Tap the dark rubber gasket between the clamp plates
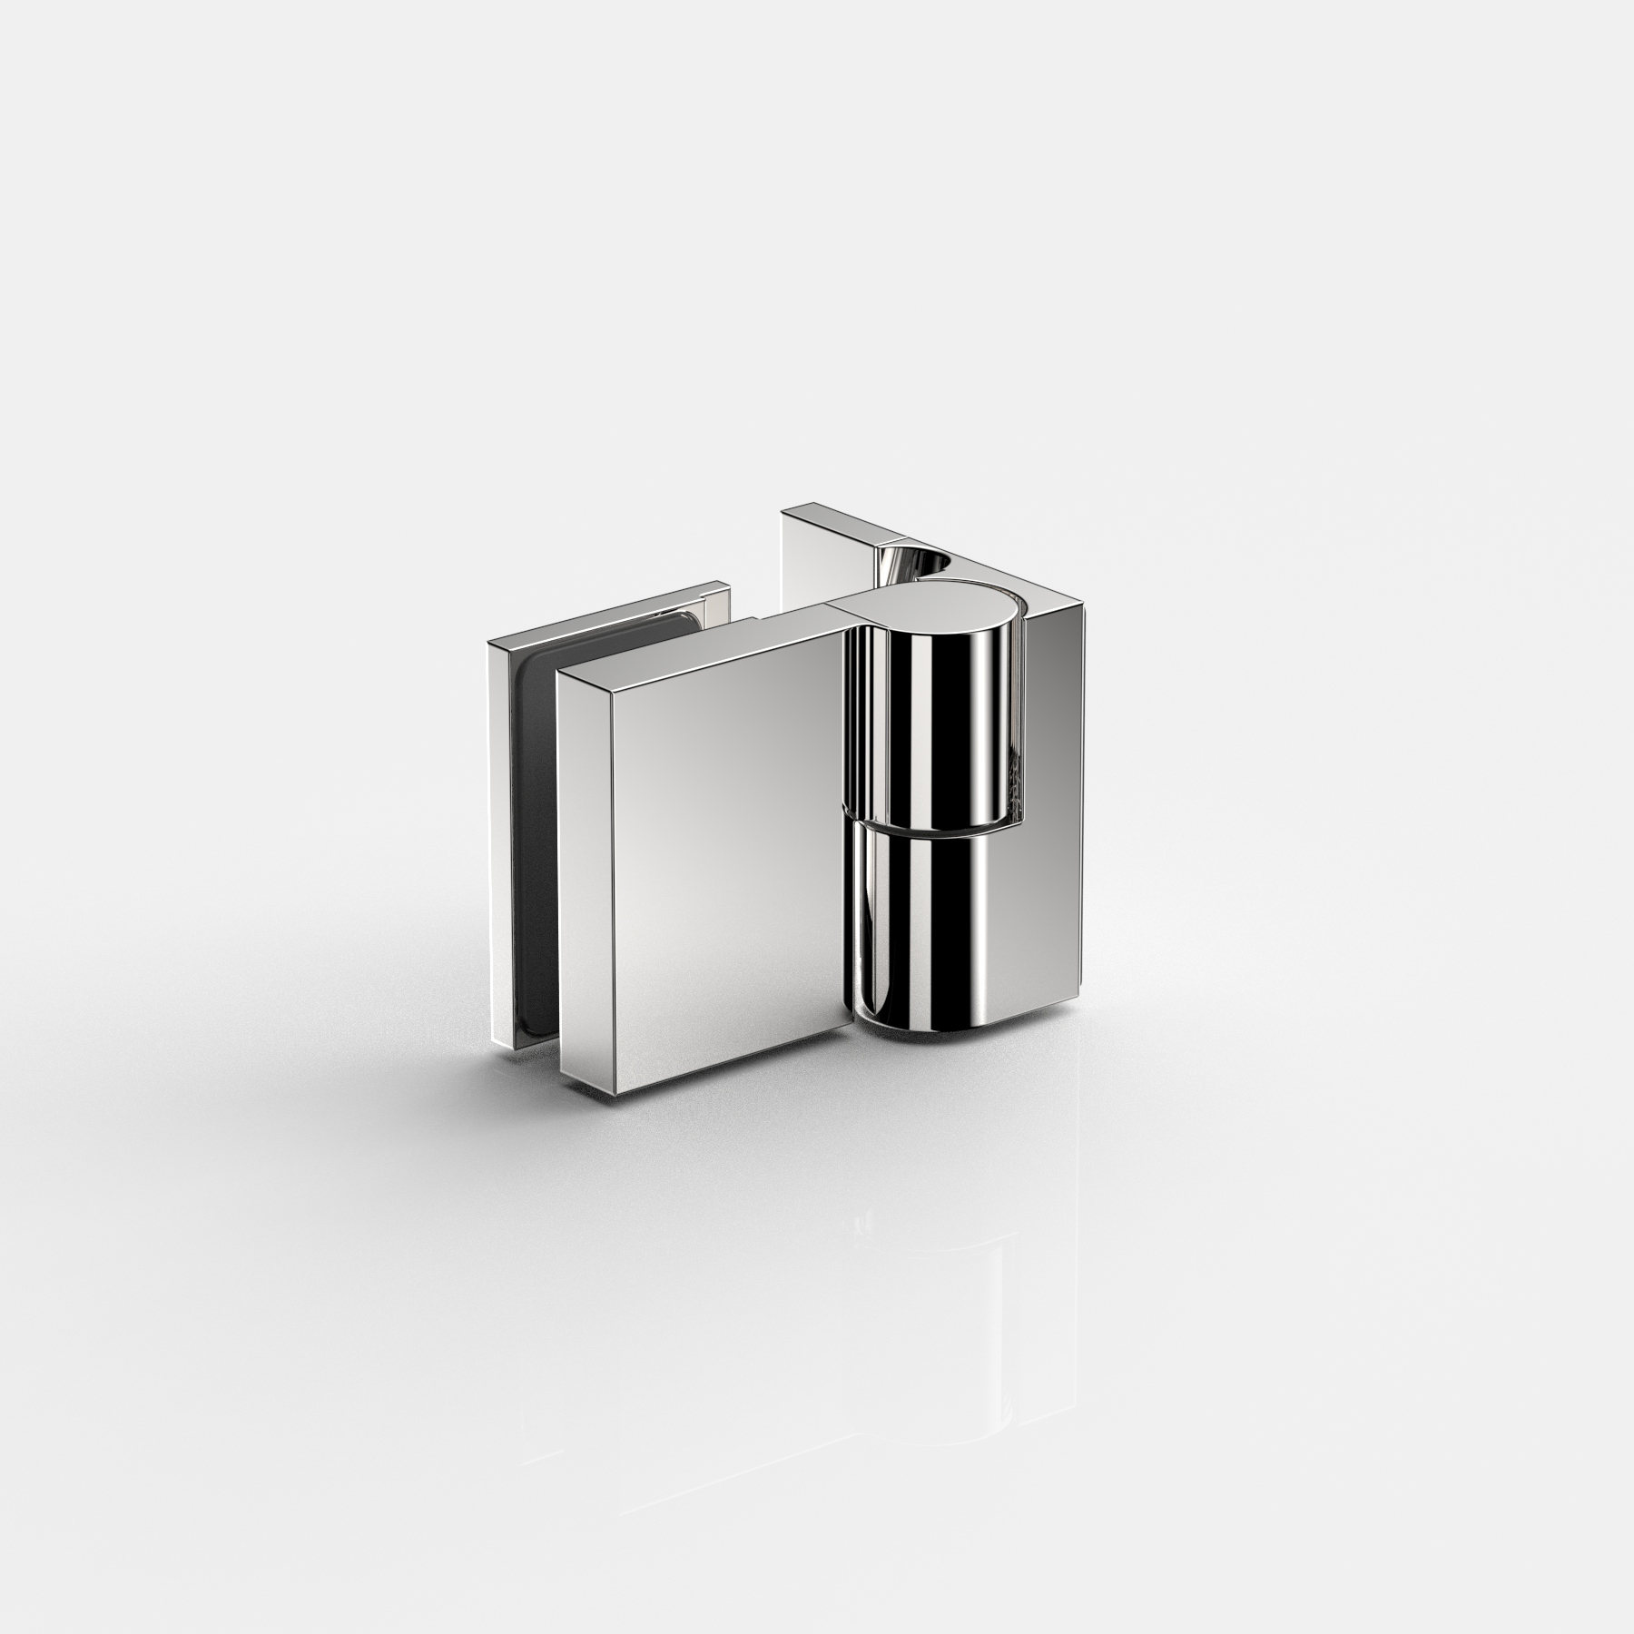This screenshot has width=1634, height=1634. [x=536, y=817]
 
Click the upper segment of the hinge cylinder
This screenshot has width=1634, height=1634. [x=930, y=726]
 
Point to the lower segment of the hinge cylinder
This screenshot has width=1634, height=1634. [x=930, y=917]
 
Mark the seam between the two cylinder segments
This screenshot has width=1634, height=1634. [x=930, y=826]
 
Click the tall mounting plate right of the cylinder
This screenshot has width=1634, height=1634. [x=1053, y=817]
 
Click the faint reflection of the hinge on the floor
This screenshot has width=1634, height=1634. [x=908, y=1271]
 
